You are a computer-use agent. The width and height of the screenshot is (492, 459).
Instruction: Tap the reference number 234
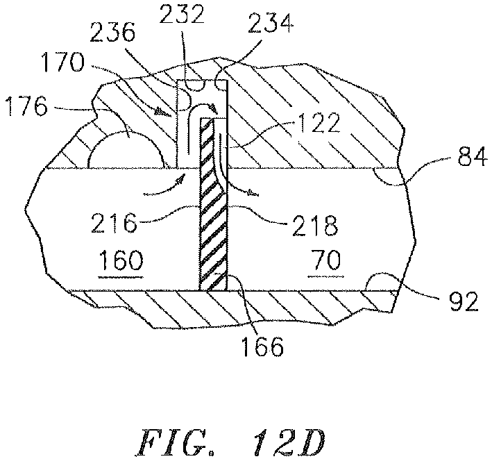coord(271,24)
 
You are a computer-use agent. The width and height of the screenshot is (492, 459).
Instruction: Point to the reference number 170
coord(64,62)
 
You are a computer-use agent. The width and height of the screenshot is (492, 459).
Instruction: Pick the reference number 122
coord(319,123)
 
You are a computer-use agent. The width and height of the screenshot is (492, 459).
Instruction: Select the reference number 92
coord(464,301)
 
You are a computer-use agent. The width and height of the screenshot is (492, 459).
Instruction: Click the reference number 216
coord(114,223)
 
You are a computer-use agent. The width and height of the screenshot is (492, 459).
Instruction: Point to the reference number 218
coord(315,226)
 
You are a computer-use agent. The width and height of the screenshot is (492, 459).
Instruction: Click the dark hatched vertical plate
coord(213,203)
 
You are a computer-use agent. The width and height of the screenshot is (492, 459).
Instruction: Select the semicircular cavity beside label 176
coord(126,150)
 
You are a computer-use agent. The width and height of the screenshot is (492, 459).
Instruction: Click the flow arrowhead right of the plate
coord(253,192)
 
